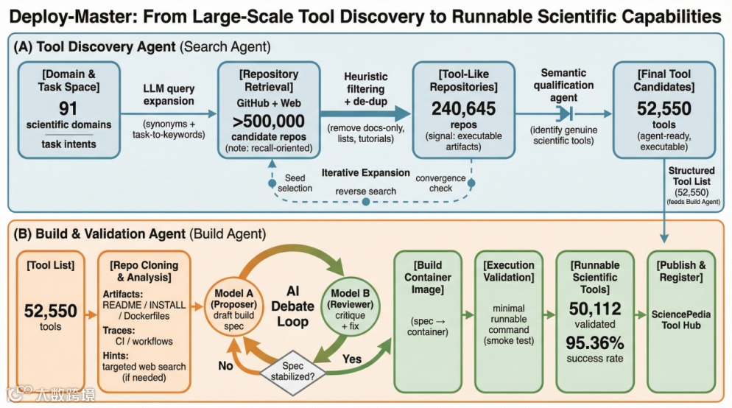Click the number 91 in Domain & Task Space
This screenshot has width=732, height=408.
[68, 109]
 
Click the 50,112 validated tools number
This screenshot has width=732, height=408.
[594, 309]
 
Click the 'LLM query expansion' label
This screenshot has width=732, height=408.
[169, 95]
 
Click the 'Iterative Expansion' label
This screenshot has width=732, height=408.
[365, 172]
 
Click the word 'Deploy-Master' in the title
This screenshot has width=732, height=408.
[68, 15]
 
